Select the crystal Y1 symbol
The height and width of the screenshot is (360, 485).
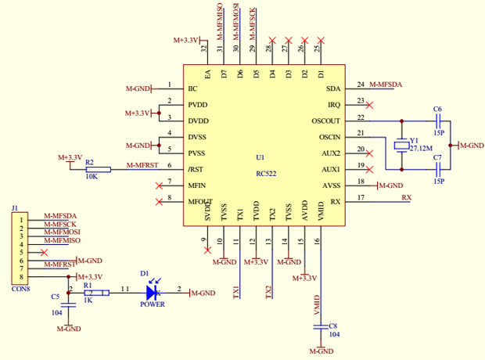[x=402, y=145]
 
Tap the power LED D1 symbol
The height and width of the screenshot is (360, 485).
[x=153, y=293]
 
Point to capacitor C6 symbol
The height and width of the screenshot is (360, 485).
[x=438, y=121]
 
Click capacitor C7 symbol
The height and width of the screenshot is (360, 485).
[x=438, y=169]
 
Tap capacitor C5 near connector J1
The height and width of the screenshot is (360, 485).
[x=69, y=305]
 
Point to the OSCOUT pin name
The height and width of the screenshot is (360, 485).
[x=325, y=121]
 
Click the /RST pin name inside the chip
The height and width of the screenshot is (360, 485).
[x=196, y=169]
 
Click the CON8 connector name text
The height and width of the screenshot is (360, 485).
[x=21, y=289]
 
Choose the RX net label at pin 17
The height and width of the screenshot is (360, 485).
[x=406, y=197]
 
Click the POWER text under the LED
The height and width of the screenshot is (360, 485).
[x=153, y=304]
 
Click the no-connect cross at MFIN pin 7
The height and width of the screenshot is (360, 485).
[x=159, y=185]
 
